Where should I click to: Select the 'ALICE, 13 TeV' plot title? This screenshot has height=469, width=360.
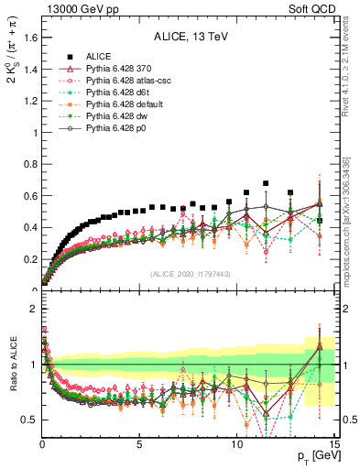click(190, 38)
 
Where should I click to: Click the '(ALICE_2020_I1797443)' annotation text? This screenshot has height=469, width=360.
click(189, 275)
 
